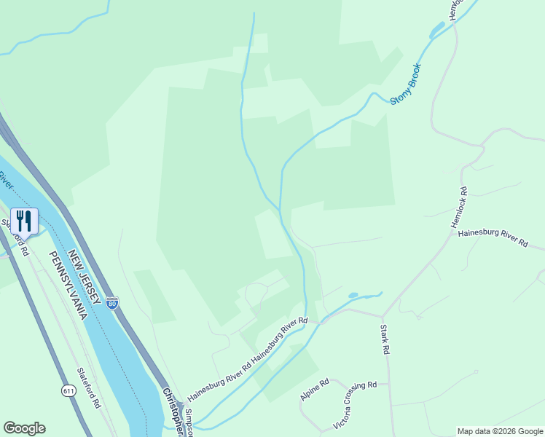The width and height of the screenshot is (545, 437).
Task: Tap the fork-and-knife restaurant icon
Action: [25, 221]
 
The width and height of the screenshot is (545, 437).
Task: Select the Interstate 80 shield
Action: [111, 302]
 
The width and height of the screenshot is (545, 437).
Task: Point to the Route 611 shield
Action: [68, 391]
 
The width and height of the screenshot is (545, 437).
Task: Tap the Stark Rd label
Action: [385, 339]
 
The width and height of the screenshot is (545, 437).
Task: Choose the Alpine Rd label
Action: [315, 390]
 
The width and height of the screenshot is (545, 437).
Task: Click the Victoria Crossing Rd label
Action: [355, 405]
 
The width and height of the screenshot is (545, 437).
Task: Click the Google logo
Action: [24, 428]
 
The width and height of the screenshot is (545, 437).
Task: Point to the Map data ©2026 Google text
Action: [499, 431]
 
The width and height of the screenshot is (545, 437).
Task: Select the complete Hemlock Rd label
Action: [461, 211]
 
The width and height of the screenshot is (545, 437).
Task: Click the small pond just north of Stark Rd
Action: [353, 295]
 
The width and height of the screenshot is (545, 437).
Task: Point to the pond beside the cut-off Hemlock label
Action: [437, 31]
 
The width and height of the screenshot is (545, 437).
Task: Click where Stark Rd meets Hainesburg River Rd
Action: [382, 316]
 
